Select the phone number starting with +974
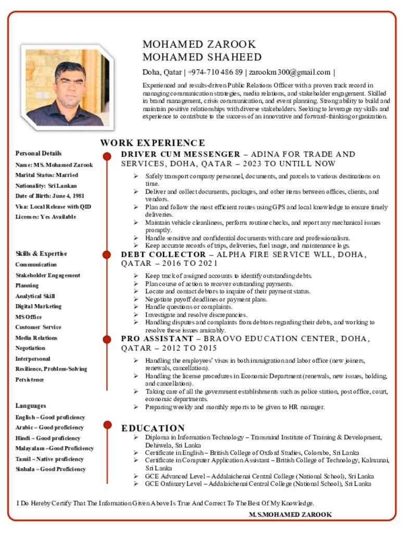215,72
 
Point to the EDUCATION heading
153,428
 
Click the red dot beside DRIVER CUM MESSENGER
107,156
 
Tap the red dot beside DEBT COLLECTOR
107,255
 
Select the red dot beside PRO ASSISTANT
107,339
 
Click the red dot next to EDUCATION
107,425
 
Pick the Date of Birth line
50,196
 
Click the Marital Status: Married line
47,175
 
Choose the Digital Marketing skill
39,307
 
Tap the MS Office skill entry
29,317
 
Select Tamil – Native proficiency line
49,459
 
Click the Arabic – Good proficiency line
49,428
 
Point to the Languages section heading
31,406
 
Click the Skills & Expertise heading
41,254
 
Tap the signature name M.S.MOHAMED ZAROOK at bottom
291,515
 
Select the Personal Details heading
39,154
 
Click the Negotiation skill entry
30,348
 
